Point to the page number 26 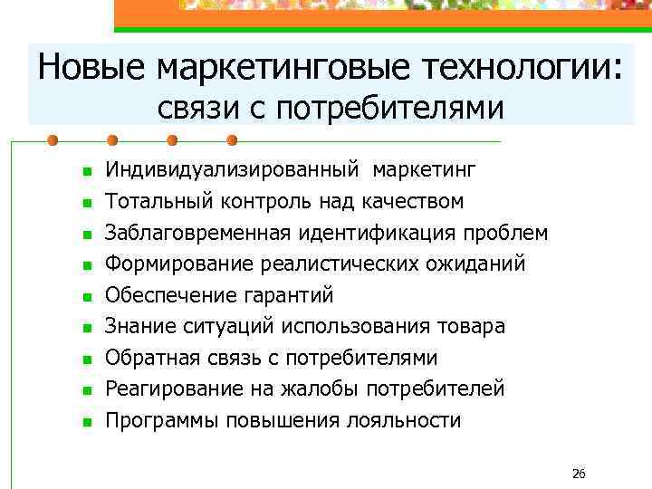[x=580, y=474]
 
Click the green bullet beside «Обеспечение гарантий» [x=62, y=297]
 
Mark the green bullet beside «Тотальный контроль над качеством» [x=62, y=203]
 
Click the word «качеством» [x=416, y=201]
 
